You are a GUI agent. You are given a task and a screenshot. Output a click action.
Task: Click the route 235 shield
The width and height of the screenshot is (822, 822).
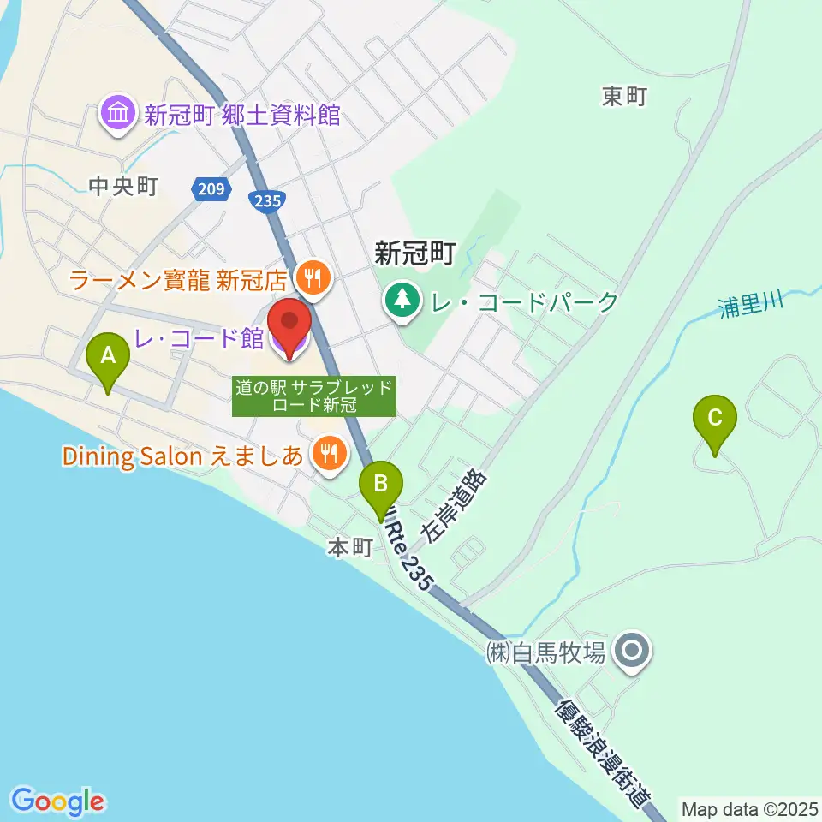265,200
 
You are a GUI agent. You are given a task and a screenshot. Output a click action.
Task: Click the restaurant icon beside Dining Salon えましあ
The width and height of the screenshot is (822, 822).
327,453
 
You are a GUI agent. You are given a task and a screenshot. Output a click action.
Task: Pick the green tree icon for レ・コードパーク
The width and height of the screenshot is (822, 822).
400,301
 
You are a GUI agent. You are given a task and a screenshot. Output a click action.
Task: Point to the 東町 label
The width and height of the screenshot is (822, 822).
623,97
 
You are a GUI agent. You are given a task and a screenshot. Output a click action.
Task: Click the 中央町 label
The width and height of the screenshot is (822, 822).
123,187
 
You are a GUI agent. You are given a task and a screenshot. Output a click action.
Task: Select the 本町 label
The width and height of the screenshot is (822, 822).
349,548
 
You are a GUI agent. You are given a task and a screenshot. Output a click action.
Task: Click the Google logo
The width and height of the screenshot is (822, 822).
58,801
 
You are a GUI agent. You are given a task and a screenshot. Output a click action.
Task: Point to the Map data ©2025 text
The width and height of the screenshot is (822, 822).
748,807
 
